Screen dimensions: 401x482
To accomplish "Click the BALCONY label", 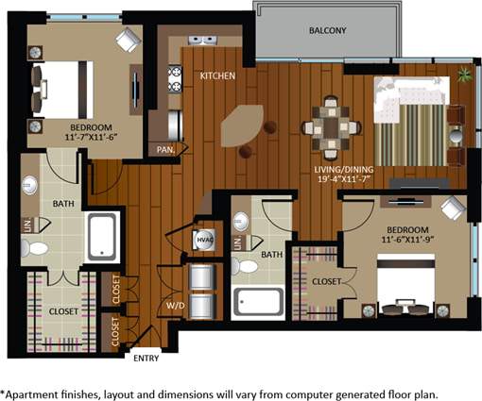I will (x=327, y=31).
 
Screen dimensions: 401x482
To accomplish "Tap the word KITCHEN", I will (x=215, y=75).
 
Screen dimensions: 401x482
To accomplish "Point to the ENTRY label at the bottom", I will (x=146, y=358).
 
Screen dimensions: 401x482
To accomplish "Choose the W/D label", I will (x=175, y=305).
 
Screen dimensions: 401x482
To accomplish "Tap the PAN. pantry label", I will (x=164, y=148).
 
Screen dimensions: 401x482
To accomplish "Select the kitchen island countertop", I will (x=244, y=123).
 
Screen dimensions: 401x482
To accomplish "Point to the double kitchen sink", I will (x=200, y=41).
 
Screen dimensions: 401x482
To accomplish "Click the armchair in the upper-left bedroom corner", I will (x=127, y=39).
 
